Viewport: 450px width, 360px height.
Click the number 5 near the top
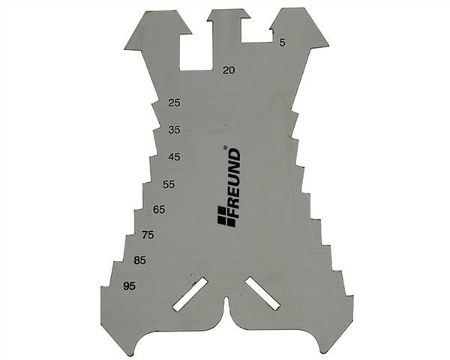tap(283, 43)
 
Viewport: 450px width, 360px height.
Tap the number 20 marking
tap(229, 70)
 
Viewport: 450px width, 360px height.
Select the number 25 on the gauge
tap(174, 103)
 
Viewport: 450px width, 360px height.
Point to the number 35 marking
tap(174, 130)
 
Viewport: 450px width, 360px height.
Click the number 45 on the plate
tap(174, 157)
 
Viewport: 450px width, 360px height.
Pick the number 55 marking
tap(169, 184)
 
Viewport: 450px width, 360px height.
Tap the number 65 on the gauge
tap(159, 209)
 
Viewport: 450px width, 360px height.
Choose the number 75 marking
tap(148, 235)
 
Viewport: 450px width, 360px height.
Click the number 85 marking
tap(140, 261)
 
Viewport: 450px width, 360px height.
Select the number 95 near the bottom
tap(129, 286)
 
